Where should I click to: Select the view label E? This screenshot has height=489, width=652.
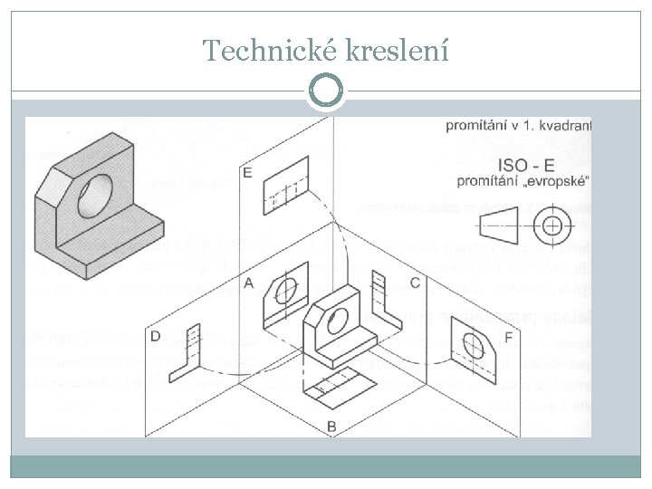pyautogui.click(x=247, y=173)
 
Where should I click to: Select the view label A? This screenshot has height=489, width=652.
pyautogui.click(x=248, y=283)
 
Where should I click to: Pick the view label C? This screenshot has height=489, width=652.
pyautogui.click(x=414, y=283)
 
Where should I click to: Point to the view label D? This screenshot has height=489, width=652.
pyautogui.click(x=156, y=336)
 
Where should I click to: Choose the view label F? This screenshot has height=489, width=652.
pyautogui.click(x=507, y=337)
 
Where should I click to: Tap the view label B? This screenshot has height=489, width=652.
pyautogui.click(x=331, y=426)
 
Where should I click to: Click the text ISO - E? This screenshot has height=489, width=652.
pyautogui.click(x=528, y=165)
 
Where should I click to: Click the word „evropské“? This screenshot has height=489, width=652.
pyautogui.click(x=554, y=181)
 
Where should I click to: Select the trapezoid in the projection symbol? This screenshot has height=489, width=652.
pyautogui.click(x=489, y=222)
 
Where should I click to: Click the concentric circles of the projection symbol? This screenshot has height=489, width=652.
pyautogui.click(x=551, y=223)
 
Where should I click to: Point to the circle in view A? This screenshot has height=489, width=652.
pyautogui.click(x=286, y=291)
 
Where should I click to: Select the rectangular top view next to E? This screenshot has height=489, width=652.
pyautogui.click(x=284, y=192)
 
